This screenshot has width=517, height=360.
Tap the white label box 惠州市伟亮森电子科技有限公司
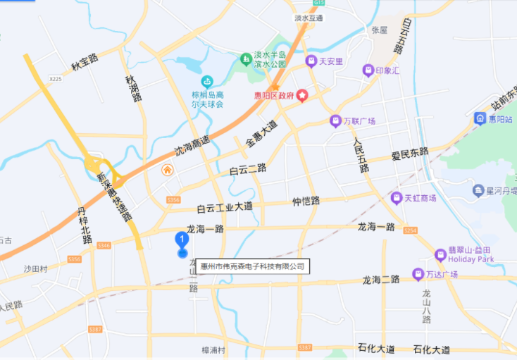coord(251,266)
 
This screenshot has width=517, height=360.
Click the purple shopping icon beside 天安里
coord(311,62)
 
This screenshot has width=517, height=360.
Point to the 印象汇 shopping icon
coord(367,70)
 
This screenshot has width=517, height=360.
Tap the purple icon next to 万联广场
coord(335,121)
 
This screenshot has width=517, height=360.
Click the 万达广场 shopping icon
coord(416,273)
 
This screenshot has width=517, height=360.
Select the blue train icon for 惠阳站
coord(480,118)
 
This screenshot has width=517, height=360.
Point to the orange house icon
coord(168,170)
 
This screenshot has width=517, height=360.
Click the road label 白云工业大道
coord(225,207)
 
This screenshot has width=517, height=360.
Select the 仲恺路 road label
coord(306,201)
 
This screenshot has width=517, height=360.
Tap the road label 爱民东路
coord(410,153)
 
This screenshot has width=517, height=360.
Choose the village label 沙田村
coord(35,268)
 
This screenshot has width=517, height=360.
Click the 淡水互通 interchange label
coord(309,18)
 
